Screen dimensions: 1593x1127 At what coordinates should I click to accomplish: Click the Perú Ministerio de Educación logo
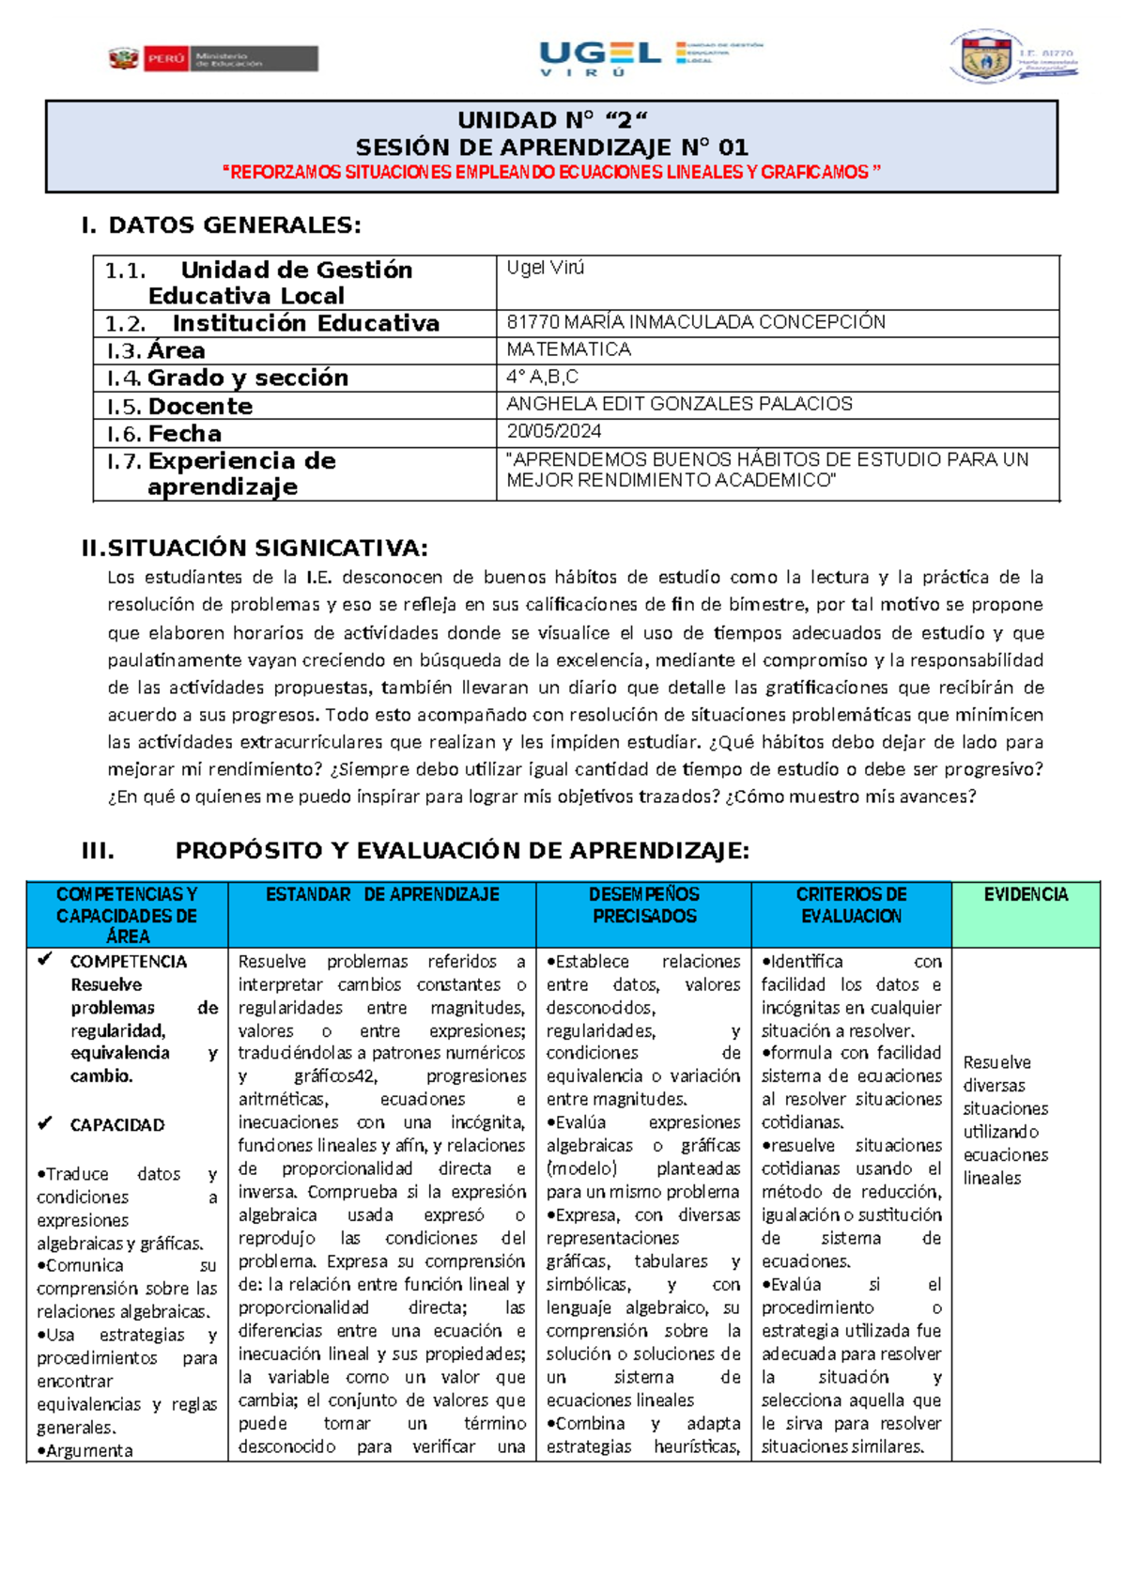(x=213, y=59)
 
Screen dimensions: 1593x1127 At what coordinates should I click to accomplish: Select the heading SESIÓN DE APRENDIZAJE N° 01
(x=551, y=147)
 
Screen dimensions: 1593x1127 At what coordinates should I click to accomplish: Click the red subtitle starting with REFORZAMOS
(x=551, y=173)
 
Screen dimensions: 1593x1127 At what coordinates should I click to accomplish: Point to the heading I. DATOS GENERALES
(x=221, y=225)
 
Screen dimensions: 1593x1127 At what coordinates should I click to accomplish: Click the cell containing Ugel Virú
(x=546, y=269)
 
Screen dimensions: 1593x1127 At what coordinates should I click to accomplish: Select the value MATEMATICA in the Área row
(x=568, y=349)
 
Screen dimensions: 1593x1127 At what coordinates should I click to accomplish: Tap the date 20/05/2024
(x=554, y=432)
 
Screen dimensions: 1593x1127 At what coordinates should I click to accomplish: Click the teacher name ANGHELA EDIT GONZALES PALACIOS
(x=679, y=404)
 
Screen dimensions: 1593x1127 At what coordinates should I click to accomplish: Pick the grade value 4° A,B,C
(x=542, y=378)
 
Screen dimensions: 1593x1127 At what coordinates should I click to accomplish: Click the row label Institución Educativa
(x=305, y=324)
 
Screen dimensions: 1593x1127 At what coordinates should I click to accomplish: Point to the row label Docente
(x=200, y=407)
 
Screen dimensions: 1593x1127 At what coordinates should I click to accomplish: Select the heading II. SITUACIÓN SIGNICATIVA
(x=255, y=549)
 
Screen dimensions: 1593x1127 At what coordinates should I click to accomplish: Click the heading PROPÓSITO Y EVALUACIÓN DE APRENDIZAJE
(x=462, y=851)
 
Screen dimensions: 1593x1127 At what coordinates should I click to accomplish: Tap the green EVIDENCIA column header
(x=1026, y=895)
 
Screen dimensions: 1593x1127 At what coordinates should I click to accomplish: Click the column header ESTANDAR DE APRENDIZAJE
(x=382, y=895)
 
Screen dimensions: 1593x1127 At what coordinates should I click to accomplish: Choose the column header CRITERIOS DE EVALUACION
(x=851, y=905)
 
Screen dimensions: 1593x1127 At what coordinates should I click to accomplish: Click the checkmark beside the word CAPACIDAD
(x=44, y=1123)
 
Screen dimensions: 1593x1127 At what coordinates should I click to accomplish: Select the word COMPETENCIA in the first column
(x=129, y=962)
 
